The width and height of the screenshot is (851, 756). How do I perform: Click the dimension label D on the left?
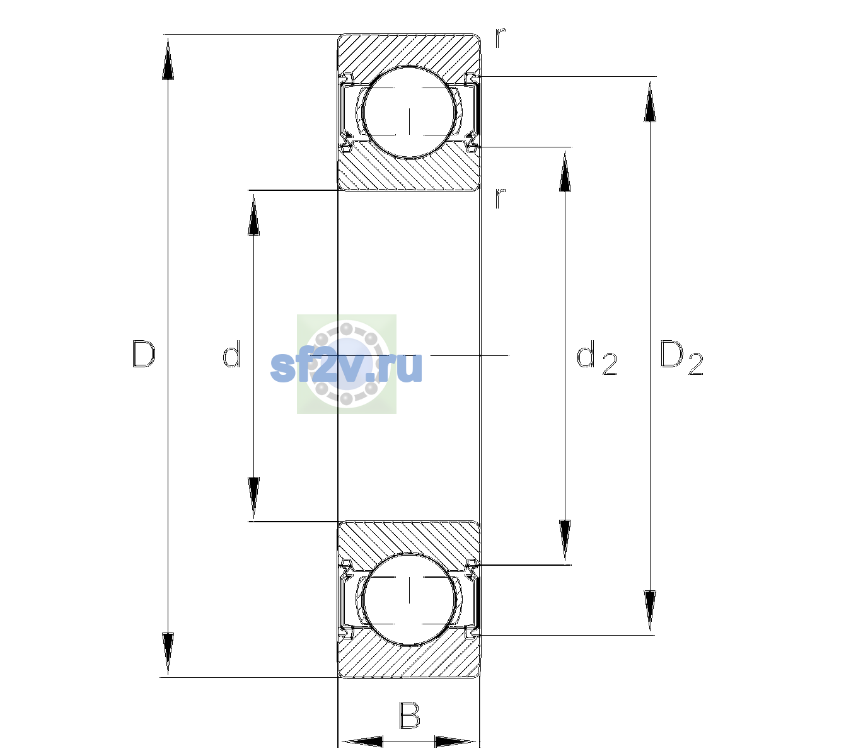click(x=144, y=354)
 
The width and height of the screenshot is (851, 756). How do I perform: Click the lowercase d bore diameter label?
click(x=231, y=354)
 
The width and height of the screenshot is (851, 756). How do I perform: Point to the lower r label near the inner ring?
click(x=501, y=198)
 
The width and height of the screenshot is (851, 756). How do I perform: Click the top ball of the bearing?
click(x=410, y=112)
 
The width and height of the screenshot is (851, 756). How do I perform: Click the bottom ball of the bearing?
click(x=410, y=599)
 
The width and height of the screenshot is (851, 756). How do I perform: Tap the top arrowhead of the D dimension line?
click(x=168, y=59)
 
